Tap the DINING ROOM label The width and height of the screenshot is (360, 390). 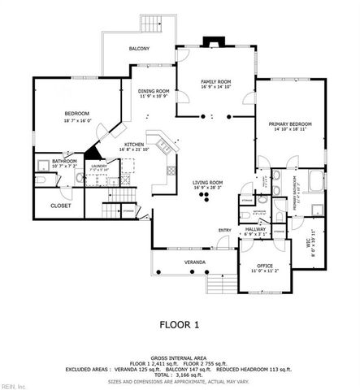pyautogui.click(x=153, y=91)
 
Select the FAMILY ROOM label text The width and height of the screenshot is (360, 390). pyautogui.click(x=216, y=82)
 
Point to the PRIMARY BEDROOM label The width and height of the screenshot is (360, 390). pyautogui.click(x=290, y=123)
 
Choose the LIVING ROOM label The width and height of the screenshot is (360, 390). pyautogui.click(x=208, y=183)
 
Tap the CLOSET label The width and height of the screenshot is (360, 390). pyautogui.click(x=61, y=206)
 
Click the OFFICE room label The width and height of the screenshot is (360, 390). pyautogui.click(x=265, y=265)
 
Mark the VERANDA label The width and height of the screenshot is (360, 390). pyautogui.click(x=193, y=262)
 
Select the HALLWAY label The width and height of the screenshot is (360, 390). pyautogui.click(x=255, y=230)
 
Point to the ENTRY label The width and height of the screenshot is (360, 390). pyautogui.click(x=224, y=230)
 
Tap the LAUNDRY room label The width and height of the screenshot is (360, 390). pyautogui.click(x=99, y=166)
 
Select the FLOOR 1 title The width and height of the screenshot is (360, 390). pyautogui.click(x=180, y=323)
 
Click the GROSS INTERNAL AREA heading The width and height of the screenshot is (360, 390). pyautogui.click(x=180, y=357)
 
